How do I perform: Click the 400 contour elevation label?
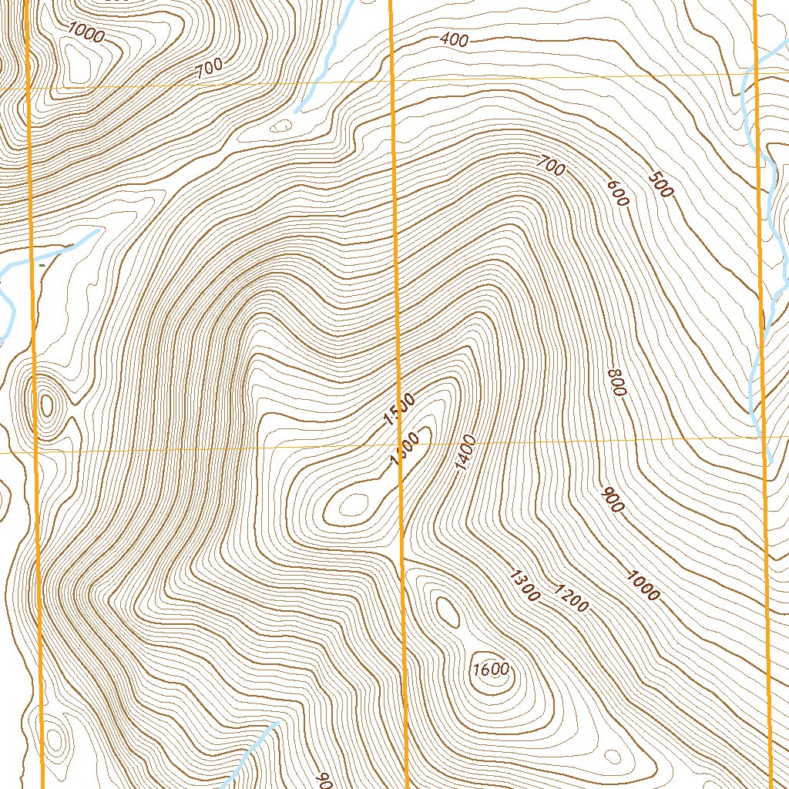click(x=455, y=40)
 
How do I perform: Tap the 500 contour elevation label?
click(x=661, y=184)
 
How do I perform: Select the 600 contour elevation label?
click(x=618, y=193)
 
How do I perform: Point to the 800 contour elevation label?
click(x=616, y=381)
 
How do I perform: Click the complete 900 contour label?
click(x=614, y=500)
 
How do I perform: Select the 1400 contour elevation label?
click(x=465, y=453)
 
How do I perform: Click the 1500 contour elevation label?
click(x=399, y=409)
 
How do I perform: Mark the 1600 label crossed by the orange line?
click(x=404, y=448)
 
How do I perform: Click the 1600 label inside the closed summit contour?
click(x=491, y=669)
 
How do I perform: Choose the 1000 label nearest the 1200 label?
click(x=643, y=585)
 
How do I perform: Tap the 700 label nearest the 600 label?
click(x=552, y=165)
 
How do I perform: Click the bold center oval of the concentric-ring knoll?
click(x=47, y=405)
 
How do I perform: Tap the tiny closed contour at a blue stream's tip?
click(x=283, y=124)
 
